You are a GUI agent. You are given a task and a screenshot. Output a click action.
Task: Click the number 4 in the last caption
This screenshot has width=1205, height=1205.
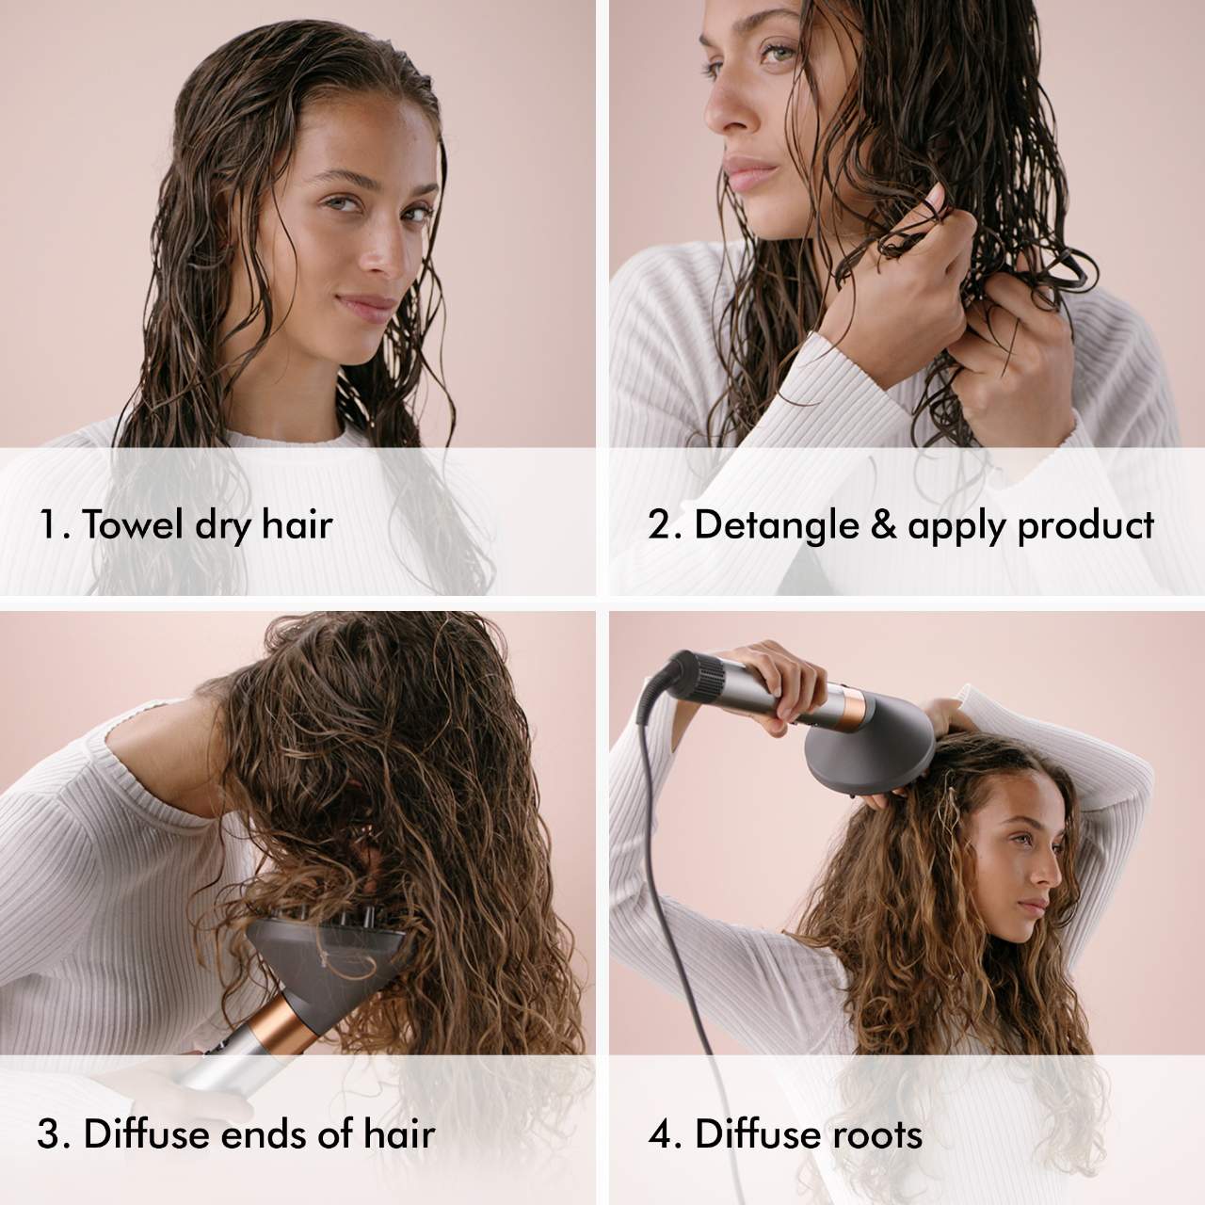click(662, 1134)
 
